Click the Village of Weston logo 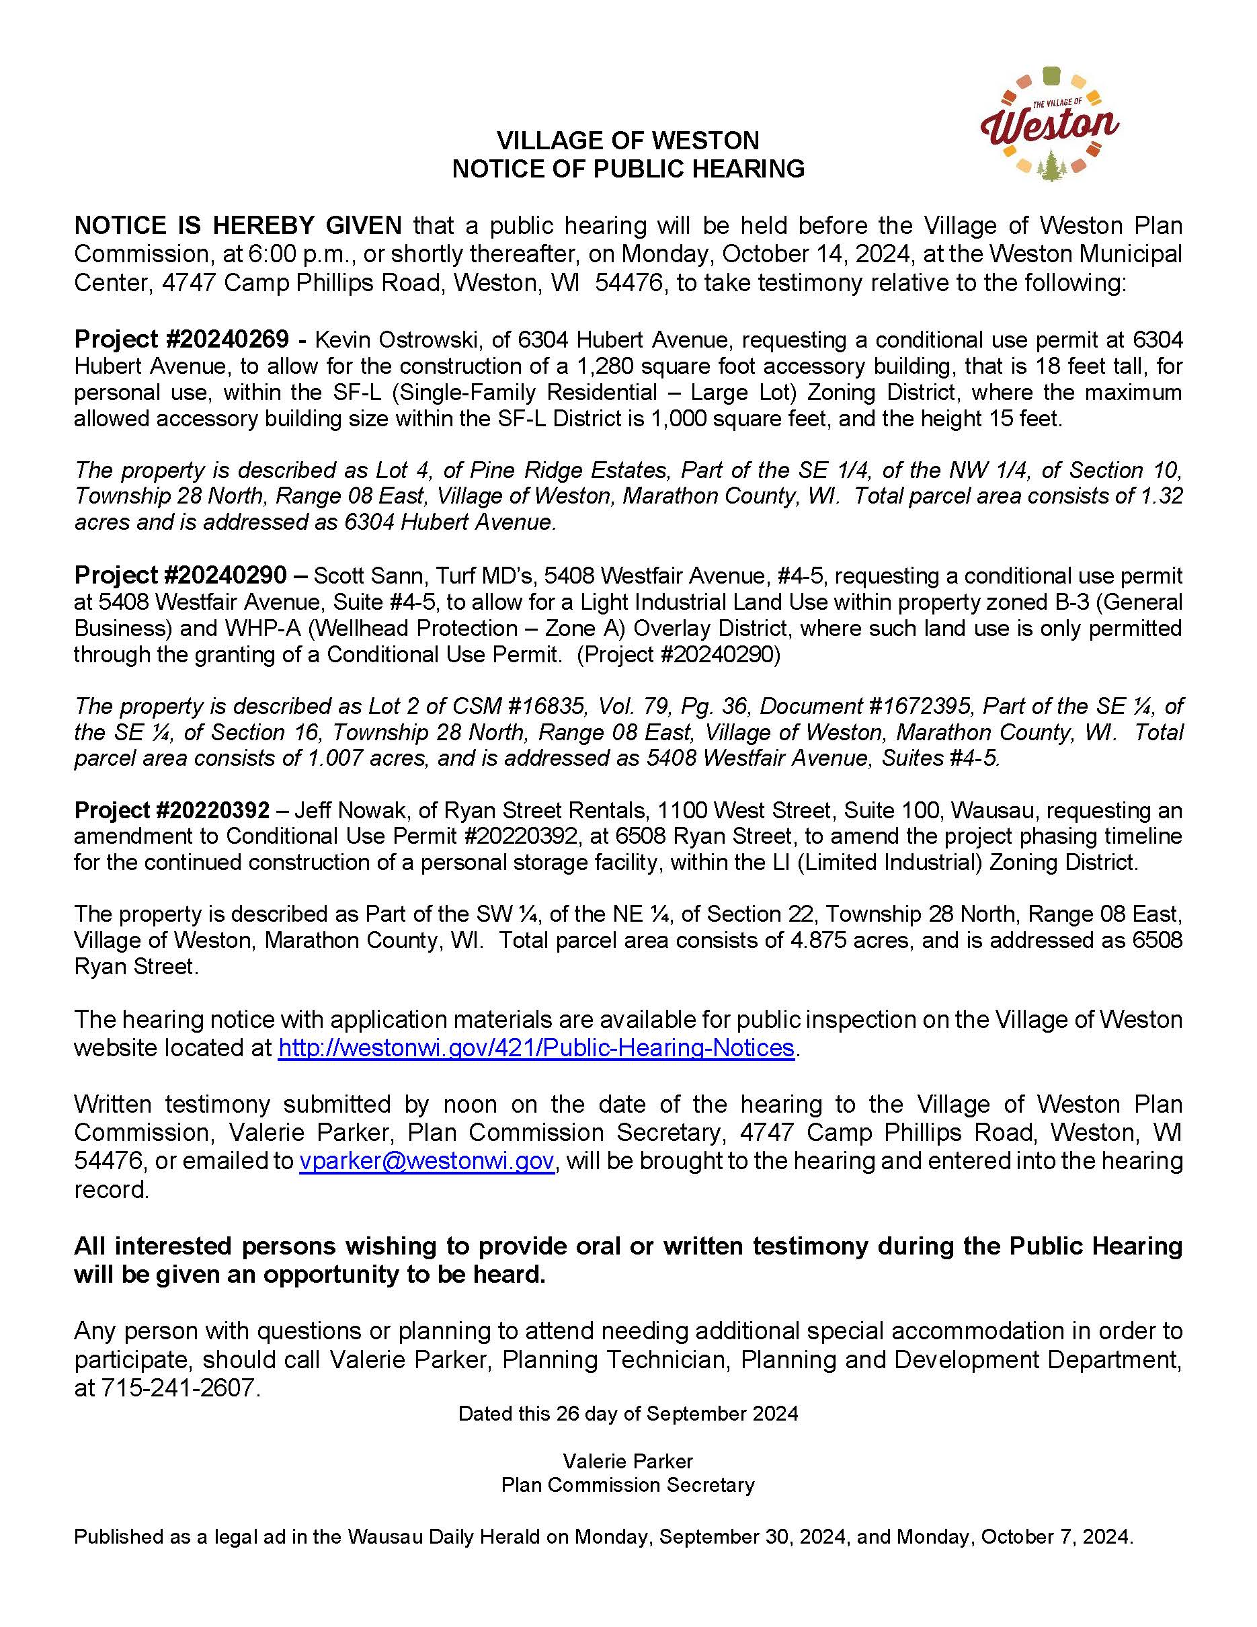1049,124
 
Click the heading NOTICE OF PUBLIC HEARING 628,169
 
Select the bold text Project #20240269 181,340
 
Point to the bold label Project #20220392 171,809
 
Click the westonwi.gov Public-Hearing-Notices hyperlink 536,1047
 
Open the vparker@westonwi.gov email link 427,1160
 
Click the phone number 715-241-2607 178,1388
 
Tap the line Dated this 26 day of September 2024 628,1414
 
